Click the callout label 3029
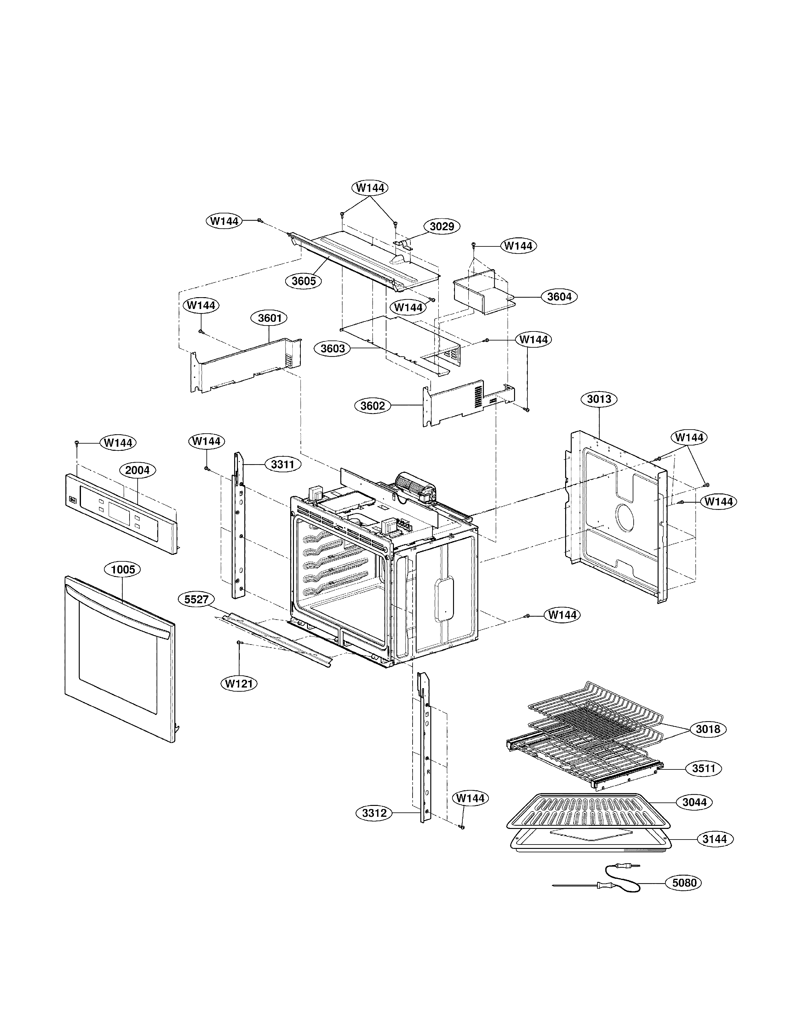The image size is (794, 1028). pyautogui.click(x=442, y=226)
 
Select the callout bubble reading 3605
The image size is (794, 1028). pyautogui.click(x=303, y=281)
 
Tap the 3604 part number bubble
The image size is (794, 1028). pyautogui.click(x=559, y=297)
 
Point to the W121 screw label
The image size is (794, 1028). pyautogui.click(x=239, y=683)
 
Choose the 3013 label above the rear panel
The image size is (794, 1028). pyautogui.click(x=599, y=399)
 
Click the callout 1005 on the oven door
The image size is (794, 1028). pyautogui.click(x=123, y=569)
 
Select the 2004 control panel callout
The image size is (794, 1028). pyautogui.click(x=137, y=470)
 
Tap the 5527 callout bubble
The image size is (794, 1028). pyautogui.click(x=196, y=599)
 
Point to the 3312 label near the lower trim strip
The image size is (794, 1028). pyautogui.click(x=374, y=813)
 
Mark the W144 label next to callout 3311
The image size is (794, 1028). pyautogui.click(x=206, y=441)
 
